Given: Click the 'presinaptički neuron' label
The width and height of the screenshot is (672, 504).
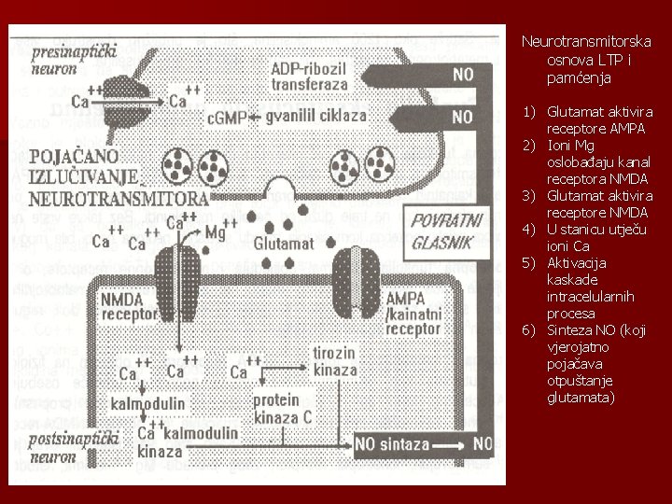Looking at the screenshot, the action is [x=73, y=59].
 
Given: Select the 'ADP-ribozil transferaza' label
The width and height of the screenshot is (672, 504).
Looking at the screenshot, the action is [x=309, y=75].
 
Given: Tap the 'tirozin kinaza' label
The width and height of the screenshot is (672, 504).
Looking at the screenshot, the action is [x=335, y=361].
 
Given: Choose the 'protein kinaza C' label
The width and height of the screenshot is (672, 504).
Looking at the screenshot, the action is [x=281, y=408].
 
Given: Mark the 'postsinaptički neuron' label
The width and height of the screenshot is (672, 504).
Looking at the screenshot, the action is [x=75, y=447].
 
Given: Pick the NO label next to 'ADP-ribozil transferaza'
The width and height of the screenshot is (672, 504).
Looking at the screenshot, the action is [x=461, y=74].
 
